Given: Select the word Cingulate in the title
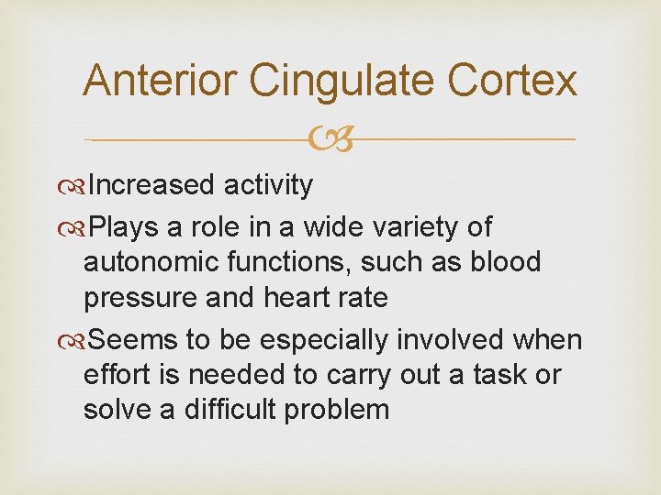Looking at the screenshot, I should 342,81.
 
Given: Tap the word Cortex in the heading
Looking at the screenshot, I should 512,81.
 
